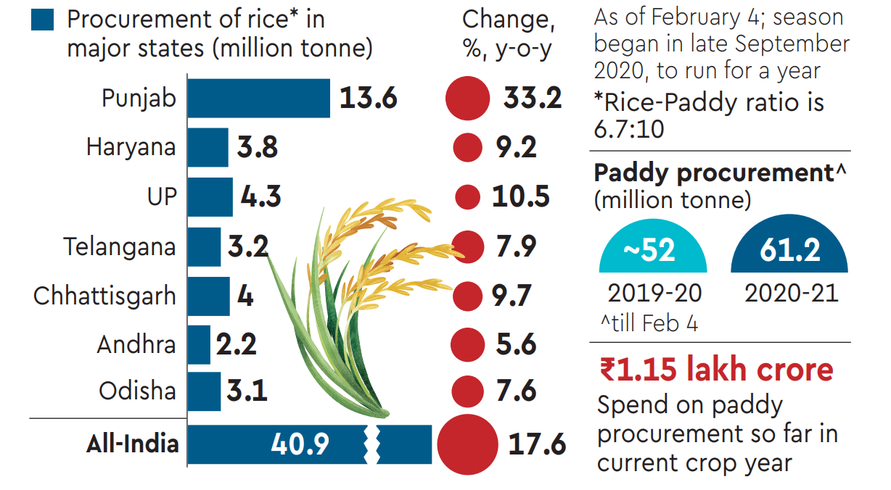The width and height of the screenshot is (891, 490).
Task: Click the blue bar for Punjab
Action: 258,98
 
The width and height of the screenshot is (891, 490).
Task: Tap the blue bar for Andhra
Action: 199,344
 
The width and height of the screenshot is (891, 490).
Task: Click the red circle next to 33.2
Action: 468,98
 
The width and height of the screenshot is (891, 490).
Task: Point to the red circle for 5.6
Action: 468,344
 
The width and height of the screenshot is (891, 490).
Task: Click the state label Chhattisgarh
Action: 104,296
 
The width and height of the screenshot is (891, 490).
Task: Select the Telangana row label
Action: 119,246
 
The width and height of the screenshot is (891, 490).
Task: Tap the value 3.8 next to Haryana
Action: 258,148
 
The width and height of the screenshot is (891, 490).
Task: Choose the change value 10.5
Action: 520,197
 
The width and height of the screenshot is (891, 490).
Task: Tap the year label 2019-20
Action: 654,293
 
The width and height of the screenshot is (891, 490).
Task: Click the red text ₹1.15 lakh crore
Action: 716,370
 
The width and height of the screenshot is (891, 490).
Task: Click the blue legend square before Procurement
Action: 42,20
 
